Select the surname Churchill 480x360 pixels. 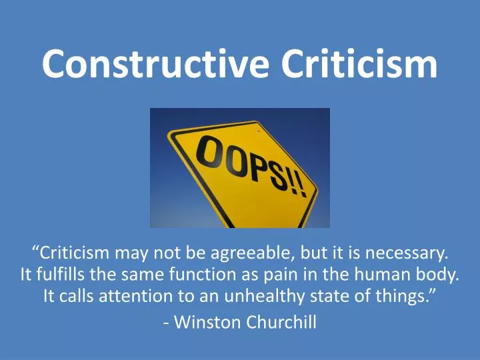(282, 323)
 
